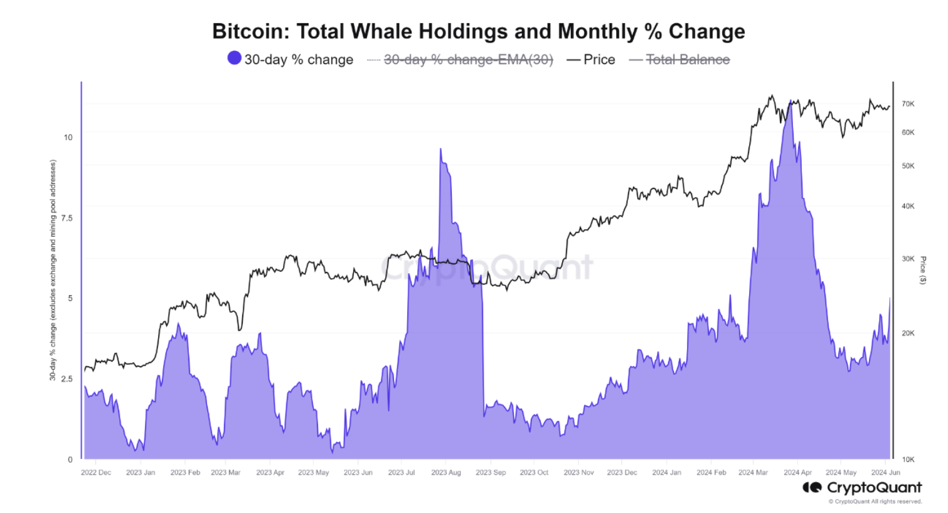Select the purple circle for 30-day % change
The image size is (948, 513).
tap(234, 58)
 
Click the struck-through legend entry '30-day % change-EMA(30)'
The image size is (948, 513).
tap(468, 60)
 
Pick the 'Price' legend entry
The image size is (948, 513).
tap(599, 60)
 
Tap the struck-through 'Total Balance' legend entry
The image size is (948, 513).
tap(688, 60)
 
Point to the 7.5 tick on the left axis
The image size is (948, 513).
tap(67, 218)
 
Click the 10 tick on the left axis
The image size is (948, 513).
tap(68, 138)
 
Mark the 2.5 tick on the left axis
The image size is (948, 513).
tap(67, 379)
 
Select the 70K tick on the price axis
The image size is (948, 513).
tap(908, 104)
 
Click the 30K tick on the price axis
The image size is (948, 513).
tap(908, 259)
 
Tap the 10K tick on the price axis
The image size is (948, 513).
tap(908, 460)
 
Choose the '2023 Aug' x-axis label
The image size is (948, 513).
tap(445, 472)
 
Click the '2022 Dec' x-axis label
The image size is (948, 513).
tap(96, 472)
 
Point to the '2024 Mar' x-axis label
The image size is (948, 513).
tap(753, 472)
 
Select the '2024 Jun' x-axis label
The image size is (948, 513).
tap(885, 472)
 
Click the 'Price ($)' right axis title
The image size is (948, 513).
tap(923, 270)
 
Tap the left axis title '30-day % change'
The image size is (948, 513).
tap(53, 270)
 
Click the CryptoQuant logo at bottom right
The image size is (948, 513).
tap(862, 488)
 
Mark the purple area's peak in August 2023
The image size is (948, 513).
tap(441, 149)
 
